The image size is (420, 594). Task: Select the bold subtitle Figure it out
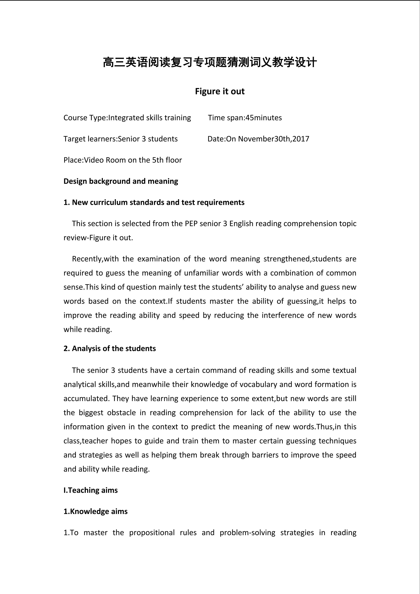click(220, 91)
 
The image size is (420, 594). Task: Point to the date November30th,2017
click(273, 139)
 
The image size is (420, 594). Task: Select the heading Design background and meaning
click(121, 181)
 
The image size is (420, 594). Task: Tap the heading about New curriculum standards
click(154, 202)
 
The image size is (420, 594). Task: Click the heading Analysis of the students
click(110, 348)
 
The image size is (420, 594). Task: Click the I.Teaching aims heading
click(90, 490)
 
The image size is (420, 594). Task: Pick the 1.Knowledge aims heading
click(95, 511)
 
